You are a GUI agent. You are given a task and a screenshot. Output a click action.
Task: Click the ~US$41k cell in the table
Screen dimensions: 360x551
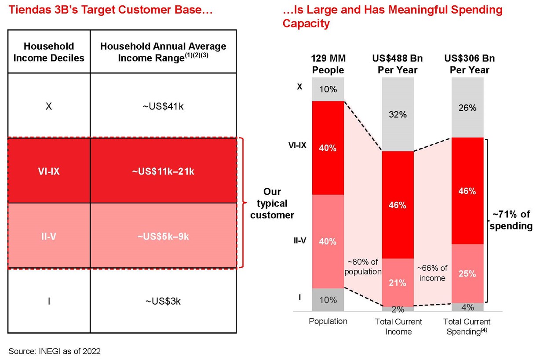[164, 106]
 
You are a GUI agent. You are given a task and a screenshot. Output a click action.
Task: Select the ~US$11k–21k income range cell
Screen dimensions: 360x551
[164, 171]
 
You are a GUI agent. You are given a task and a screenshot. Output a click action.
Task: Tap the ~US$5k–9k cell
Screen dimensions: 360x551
[164, 236]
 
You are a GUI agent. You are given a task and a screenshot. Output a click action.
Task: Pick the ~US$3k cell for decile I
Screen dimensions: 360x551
[164, 302]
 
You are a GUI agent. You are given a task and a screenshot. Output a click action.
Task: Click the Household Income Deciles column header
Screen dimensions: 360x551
[49, 52]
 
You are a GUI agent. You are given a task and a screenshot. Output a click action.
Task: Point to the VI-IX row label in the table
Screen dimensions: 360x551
[49, 171]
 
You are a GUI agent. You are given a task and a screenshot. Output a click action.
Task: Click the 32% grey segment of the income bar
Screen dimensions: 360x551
[398, 115]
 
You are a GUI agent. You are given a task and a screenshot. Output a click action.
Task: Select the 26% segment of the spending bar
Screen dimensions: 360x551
[467, 108]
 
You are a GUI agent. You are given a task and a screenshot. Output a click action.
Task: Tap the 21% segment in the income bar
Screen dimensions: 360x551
[398, 283]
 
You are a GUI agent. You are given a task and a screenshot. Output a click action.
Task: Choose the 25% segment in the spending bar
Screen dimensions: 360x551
[467, 273]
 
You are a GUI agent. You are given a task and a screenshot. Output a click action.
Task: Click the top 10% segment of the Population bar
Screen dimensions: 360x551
[328, 89]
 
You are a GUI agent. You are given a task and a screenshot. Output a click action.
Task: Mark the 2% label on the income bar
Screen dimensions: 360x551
[398, 309]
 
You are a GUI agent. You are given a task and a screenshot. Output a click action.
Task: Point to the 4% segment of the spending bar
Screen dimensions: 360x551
[467, 307]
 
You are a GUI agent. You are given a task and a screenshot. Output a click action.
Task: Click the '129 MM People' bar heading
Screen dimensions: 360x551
[328, 64]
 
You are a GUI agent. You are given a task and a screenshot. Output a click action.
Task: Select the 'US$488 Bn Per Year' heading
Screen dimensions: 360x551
[398, 64]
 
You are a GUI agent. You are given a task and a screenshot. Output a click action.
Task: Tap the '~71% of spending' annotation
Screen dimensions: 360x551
[511, 220]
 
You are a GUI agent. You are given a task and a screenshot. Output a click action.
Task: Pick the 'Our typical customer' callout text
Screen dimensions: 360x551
[272, 204]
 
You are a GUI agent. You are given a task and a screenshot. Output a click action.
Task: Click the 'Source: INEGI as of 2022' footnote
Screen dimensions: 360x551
[55, 351]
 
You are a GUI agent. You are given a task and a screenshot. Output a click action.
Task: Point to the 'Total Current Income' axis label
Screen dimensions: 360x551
[398, 327]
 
